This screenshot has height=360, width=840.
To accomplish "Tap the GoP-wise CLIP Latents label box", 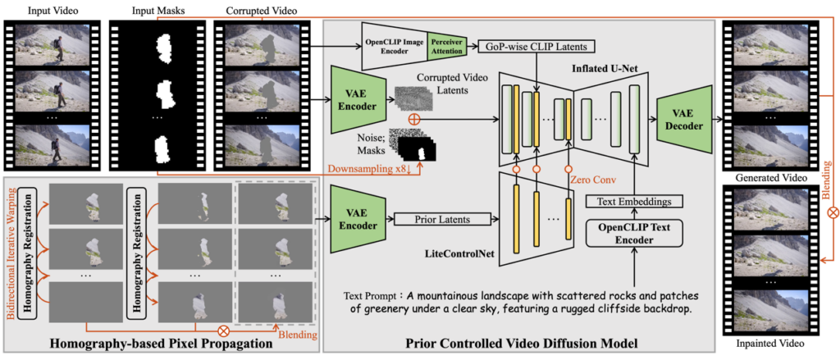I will click(536, 47).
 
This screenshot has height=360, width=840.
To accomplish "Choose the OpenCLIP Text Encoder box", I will click(636, 233).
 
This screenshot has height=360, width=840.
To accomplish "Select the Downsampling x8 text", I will click(367, 170).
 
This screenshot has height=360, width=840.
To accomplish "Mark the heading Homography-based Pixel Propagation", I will click(164, 343).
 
